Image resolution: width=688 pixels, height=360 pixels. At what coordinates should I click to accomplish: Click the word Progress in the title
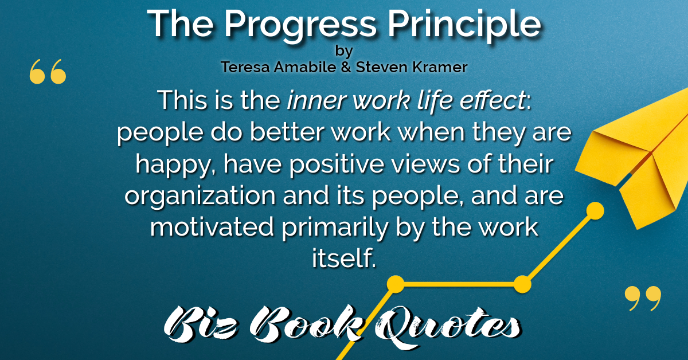[300, 25]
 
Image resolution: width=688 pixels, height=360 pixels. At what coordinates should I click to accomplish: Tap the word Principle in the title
[464, 25]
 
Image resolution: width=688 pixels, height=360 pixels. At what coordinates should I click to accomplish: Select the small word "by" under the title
[344, 51]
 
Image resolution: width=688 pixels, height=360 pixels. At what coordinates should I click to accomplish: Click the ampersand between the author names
[346, 67]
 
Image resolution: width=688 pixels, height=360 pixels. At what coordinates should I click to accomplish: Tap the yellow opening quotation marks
[48, 72]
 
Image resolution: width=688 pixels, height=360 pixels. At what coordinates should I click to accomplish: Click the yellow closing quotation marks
[643, 298]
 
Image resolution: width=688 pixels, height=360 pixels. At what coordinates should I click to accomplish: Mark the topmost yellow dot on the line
[595, 211]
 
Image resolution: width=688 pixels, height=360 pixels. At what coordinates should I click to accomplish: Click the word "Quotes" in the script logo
[448, 326]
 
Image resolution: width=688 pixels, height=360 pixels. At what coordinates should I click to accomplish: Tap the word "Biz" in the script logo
[201, 324]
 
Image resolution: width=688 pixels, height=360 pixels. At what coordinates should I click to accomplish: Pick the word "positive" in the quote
[337, 165]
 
